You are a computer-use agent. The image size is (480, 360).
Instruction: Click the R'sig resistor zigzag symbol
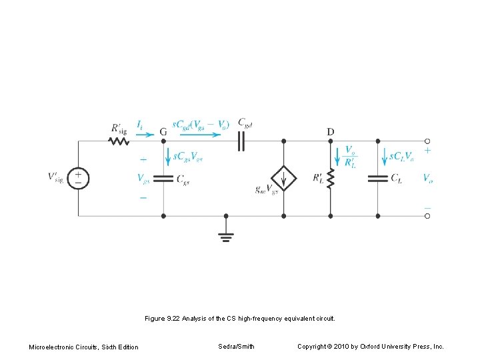tap(119, 141)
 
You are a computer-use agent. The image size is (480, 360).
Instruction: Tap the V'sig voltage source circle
tap(79, 178)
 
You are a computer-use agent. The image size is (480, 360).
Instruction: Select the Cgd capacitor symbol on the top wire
tap(241, 141)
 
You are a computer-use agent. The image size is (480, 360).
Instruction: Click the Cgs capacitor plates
tap(163, 179)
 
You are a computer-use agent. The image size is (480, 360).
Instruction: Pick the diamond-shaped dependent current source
tap(283, 179)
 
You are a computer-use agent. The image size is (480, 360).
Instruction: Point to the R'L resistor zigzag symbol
tap(331, 178)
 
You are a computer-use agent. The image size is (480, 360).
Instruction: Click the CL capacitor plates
tap(378, 178)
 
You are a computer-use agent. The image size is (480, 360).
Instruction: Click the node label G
tap(163, 131)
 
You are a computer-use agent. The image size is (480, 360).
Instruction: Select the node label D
tap(331, 131)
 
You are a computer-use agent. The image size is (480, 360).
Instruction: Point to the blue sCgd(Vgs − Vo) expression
tap(201, 123)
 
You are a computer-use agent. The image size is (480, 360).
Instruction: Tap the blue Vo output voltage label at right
tap(427, 178)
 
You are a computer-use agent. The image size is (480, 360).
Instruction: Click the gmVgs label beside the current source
tap(267, 189)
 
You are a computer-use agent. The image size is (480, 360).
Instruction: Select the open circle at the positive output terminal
tap(427, 141)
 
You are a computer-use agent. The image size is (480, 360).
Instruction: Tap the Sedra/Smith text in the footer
tap(236, 347)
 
